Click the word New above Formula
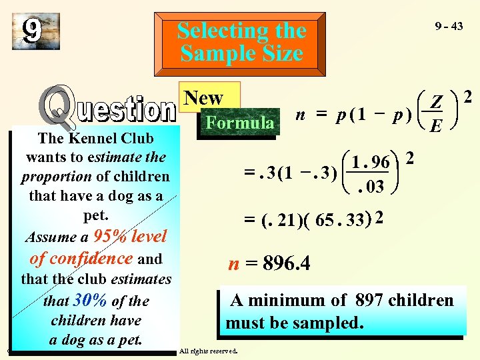(203, 98)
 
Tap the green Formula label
(239, 123)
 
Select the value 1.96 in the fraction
(371, 161)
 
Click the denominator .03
(371, 187)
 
